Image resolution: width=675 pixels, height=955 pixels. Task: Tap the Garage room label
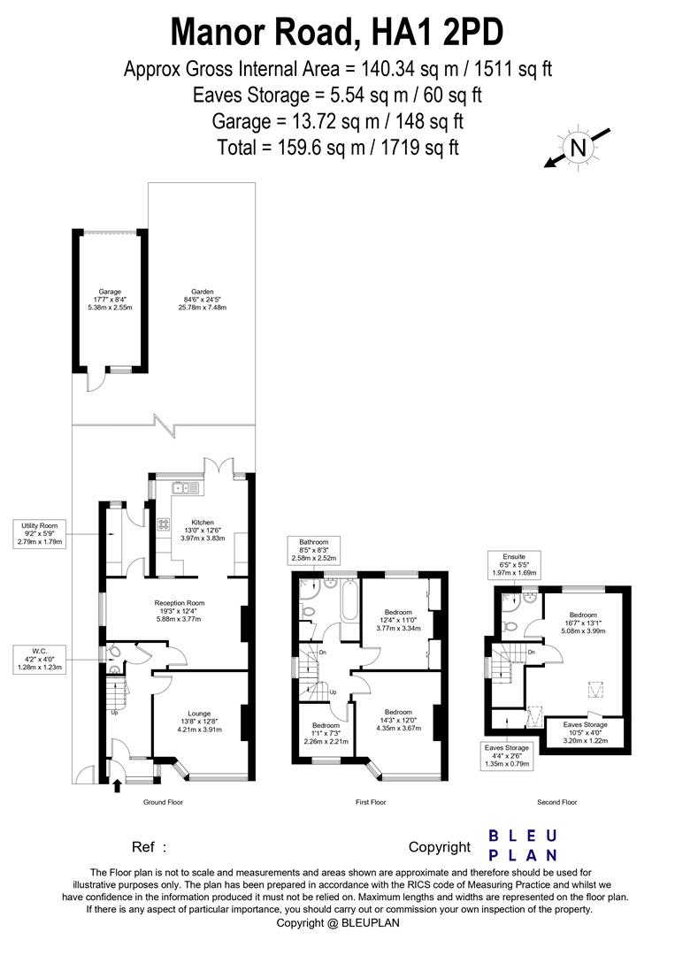tap(110, 299)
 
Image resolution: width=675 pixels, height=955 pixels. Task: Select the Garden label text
tap(201, 299)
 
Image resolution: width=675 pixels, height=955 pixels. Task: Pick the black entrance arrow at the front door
tap(118, 783)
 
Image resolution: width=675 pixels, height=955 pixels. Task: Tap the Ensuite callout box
tap(513, 564)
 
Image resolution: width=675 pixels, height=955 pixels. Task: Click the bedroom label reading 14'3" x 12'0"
tap(398, 720)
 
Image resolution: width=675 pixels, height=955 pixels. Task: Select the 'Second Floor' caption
tap(556, 802)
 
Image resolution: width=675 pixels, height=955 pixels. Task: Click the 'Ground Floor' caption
tap(163, 802)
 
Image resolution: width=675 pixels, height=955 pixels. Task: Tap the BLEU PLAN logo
tap(523, 844)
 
